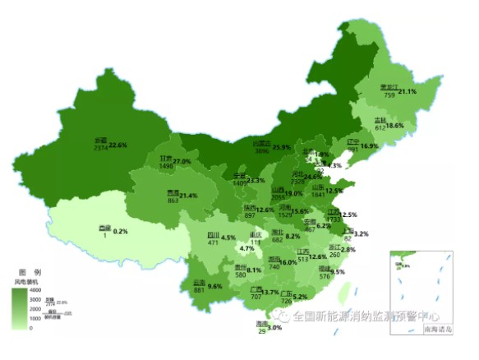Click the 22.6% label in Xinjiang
pyautogui.click(x=118, y=145)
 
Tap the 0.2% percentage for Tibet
pyautogui.click(x=121, y=232)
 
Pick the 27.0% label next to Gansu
pyautogui.click(x=181, y=161)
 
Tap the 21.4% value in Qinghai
pyautogui.click(x=188, y=196)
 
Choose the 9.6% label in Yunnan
pyautogui.click(x=215, y=286)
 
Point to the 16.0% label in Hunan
pyautogui.click(x=288, y=261)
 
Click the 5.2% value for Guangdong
pyautogui.click(x=300, y=297)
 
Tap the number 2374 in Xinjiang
pyautogui.click(x=100, y=150)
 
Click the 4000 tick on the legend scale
pyautogui.click(x=35, y=290)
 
